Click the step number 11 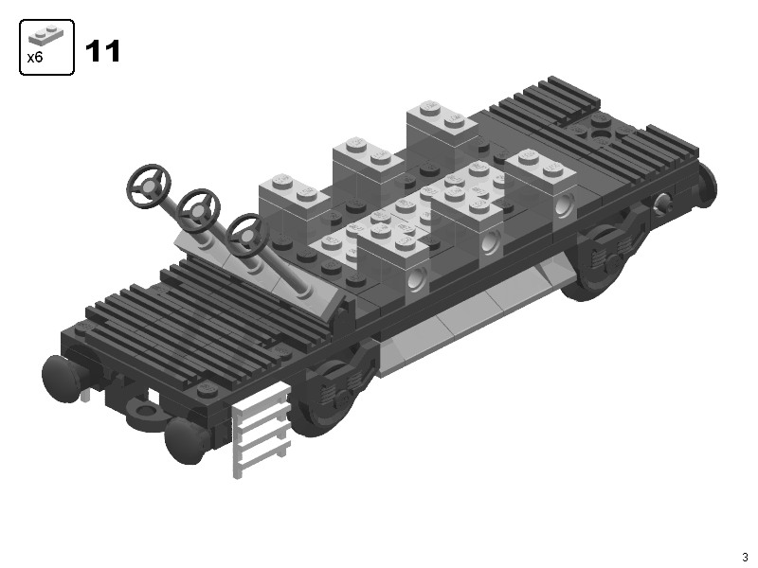click(102, 51)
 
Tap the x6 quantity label click(35, 58)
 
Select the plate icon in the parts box click(45, 36)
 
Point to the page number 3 click(745, 557)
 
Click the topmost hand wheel click(149, 186)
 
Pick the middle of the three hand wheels click(199, 209)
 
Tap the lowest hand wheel click(246, 235)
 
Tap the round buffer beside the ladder click(185, 441)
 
